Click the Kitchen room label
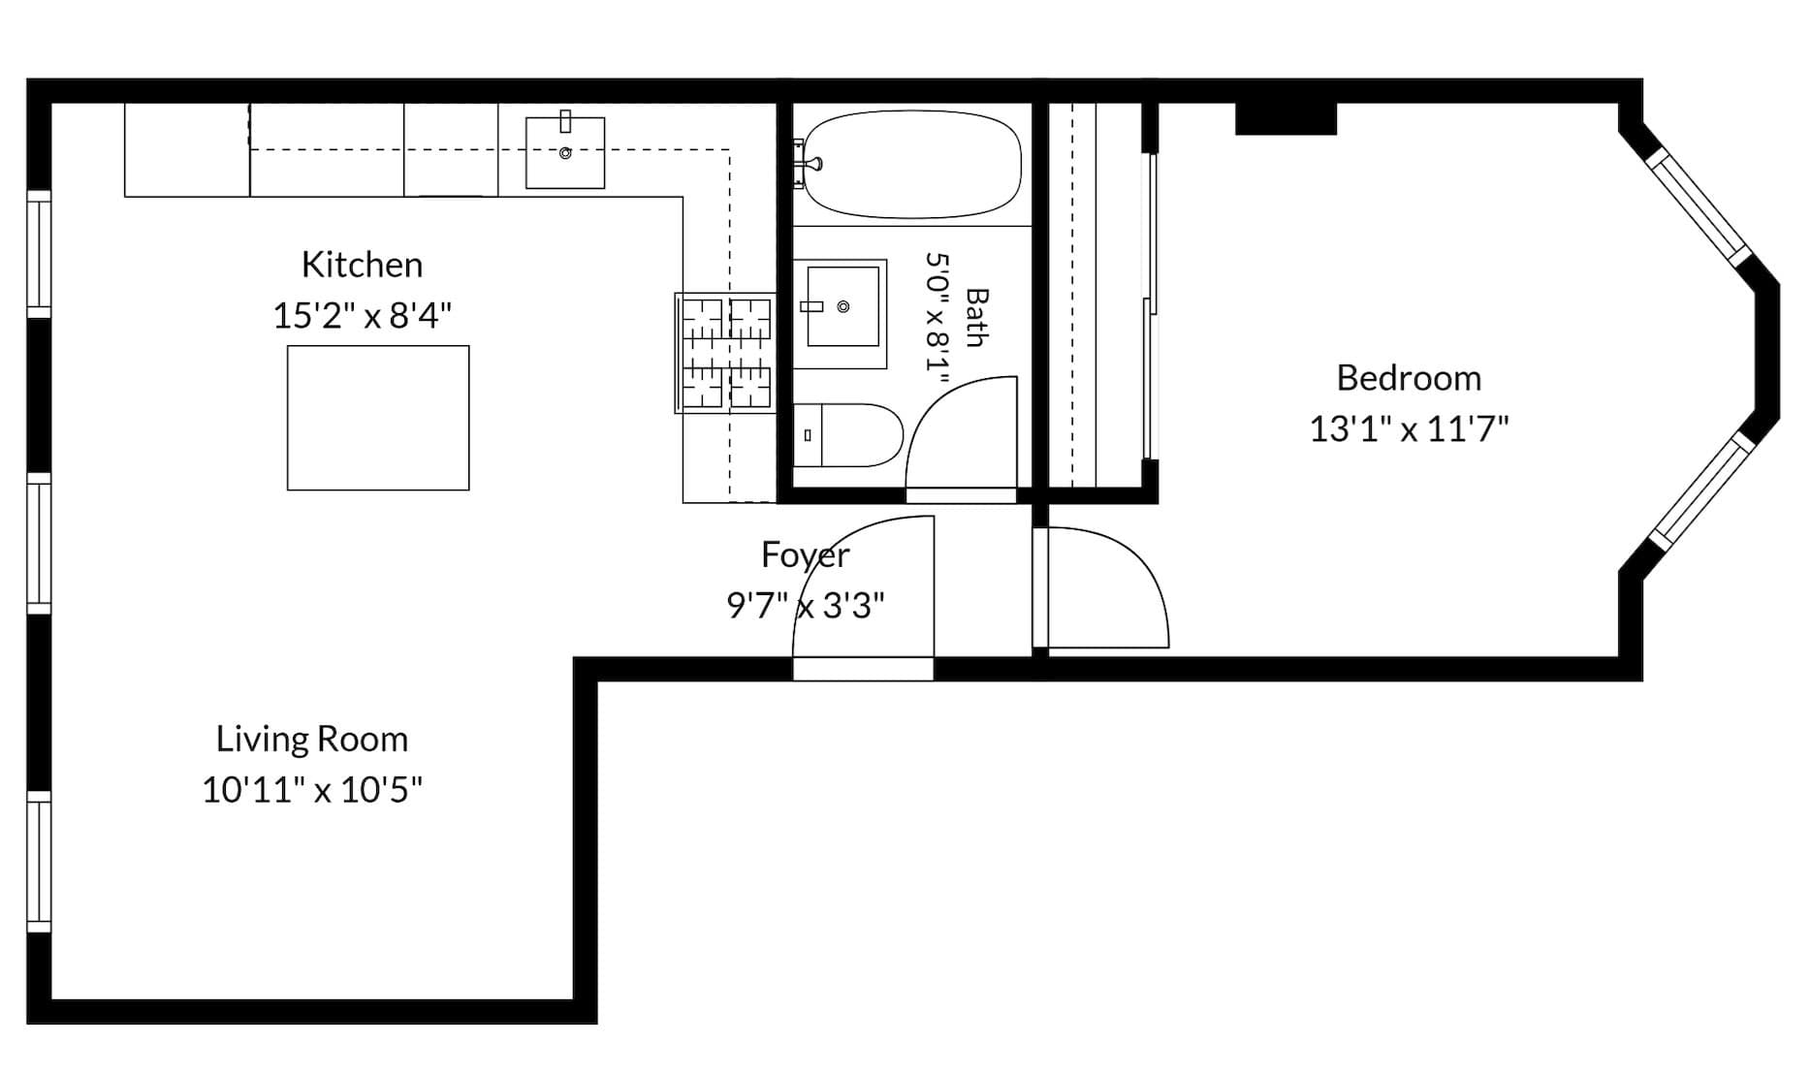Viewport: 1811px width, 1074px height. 362,265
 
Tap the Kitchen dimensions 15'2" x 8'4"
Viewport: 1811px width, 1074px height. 362,315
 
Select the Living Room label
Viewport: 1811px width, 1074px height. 311,740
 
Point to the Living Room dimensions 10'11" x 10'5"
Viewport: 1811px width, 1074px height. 311,790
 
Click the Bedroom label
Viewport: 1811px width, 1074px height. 1409,378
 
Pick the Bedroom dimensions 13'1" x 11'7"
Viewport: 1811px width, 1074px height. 1409,428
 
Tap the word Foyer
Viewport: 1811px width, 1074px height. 805,555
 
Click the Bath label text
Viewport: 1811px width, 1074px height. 976,317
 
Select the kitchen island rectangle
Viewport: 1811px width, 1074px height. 378,418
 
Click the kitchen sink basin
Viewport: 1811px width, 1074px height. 565,152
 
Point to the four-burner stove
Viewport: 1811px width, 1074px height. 725,353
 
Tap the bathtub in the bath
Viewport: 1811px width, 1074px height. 912,164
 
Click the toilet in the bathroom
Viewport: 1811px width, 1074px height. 848,435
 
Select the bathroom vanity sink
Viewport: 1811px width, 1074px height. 840,313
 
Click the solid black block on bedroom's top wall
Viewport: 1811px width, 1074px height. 1286,118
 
